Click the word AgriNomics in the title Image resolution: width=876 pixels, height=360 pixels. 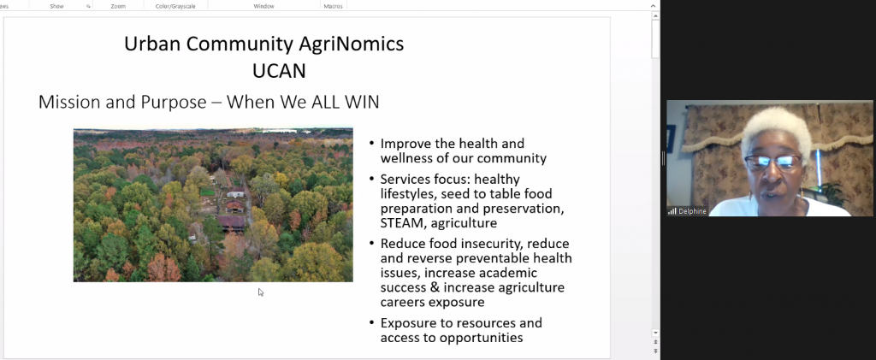(x=351, y=44)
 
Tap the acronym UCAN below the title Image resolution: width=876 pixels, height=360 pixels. (x=280, y=71)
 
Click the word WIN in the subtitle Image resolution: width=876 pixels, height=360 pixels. (x=358, y=102)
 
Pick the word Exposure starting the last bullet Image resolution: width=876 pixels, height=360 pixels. (x=407, y=323)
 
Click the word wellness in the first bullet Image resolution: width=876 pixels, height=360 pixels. (x=404, y=158)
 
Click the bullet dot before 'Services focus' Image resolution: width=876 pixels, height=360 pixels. (x=372, y=180)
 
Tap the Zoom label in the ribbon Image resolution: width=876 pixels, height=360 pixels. (x=118, y=6)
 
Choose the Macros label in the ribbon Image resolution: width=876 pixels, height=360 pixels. (x=333, y=6)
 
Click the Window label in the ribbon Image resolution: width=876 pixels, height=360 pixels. (x=263, y=6)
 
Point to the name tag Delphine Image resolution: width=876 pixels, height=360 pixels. (x=692, y=211)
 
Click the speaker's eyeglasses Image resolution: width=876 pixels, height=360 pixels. (x=773, y=162)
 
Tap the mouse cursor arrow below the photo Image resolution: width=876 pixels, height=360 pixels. (x=261, y=292)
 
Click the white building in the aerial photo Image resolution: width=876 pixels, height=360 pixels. (x=235, y=193)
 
